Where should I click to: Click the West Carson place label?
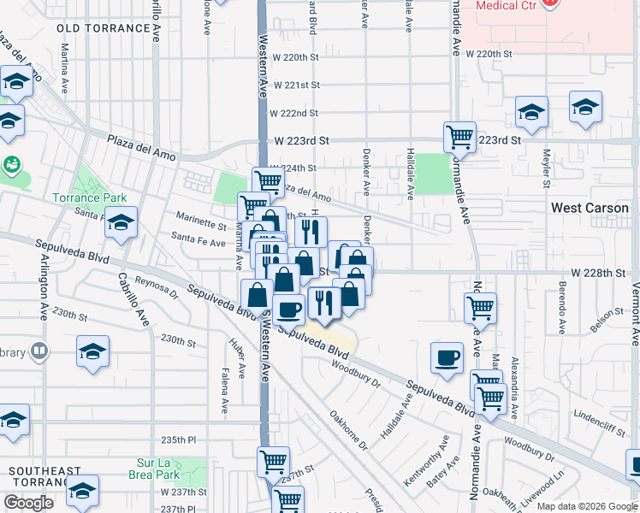point(590,208)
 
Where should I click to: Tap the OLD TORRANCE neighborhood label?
point(104,28)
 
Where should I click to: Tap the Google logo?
point(28,503)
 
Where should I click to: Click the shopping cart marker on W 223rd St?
point(459,136)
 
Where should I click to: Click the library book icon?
point(39,351)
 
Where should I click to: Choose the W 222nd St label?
point(293,113)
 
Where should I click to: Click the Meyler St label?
point(545,167)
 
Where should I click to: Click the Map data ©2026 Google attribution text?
point(585,505)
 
